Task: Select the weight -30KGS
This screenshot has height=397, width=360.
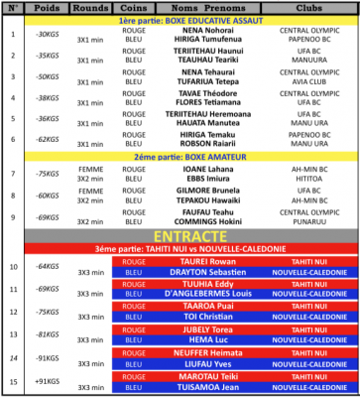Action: [47, 34]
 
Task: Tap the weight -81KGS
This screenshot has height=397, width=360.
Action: [47, 334]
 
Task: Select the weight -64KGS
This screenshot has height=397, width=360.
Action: [47, 266]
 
